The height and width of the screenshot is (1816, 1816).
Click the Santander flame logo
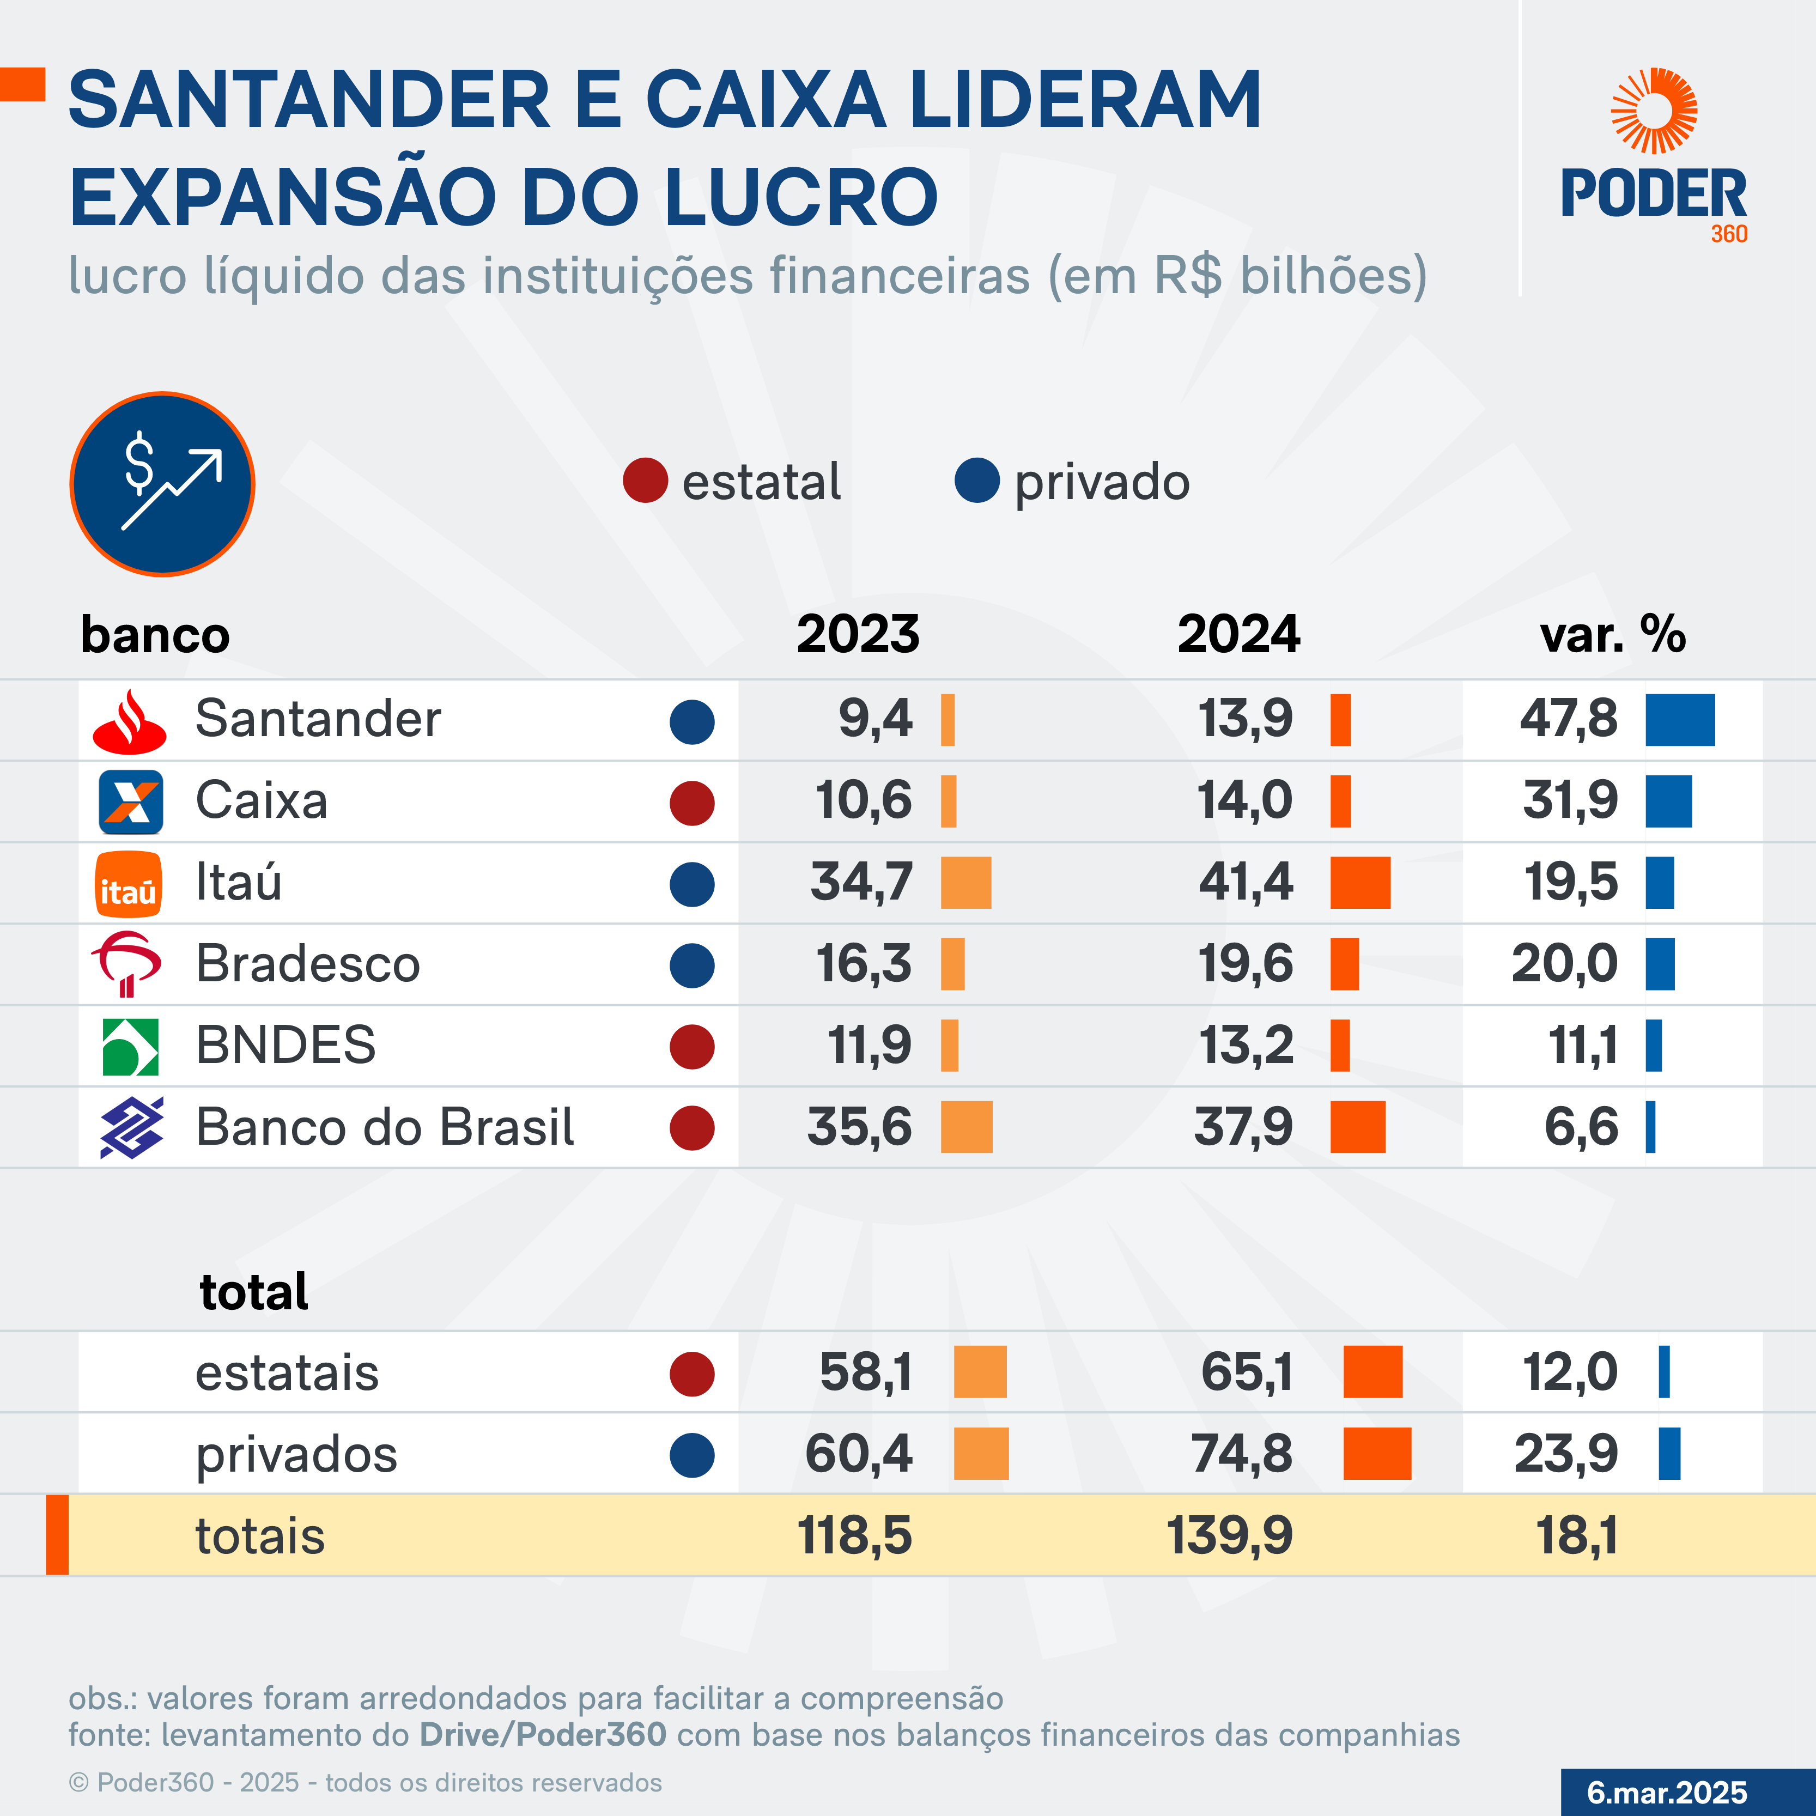click(x=130, y=721)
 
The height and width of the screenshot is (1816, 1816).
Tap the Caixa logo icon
click(x=131, y=802)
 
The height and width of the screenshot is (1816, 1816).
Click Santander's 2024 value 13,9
click(x=1246, y=719)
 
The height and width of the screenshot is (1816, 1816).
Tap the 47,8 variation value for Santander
click(x=1569, y=719)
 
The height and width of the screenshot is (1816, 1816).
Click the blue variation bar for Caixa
click(x=1668, y=802)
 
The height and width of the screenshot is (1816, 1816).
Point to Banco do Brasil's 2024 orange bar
click(x=1357, y=1127)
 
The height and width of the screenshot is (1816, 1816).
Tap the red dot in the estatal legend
click(x=645, y=481)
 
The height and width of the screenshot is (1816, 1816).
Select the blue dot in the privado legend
click(x=976, y=481)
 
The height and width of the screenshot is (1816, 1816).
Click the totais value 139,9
click(x=1230, y=1536)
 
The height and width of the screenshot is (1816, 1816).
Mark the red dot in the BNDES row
click(x=692, y=1046)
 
